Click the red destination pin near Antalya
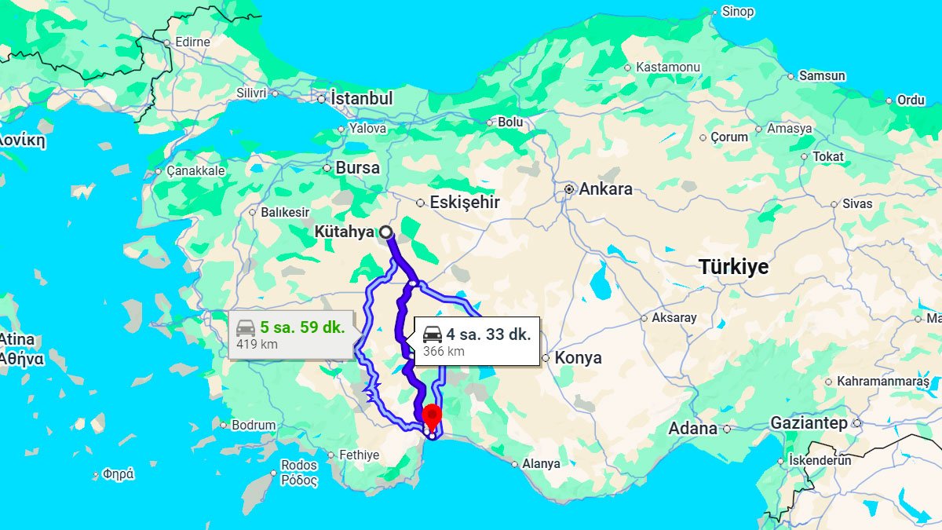coord(431,415)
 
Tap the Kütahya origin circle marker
coord(385,232)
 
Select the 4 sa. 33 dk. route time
coord(488,334)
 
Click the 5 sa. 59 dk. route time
coord(302,327)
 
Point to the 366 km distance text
coord(444,352)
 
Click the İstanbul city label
coord(361,99)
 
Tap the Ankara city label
coord(605,189)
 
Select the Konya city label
coord(578,358)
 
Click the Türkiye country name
coord(733,267)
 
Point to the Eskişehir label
coord(464,203)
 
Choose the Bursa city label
coord(357,168)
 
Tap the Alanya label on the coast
coord(541,464)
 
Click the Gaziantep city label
coord(809,423)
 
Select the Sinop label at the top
coord(737,12)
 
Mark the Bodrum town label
coord(254,426)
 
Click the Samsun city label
coord(822,76)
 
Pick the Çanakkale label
coord(195,171)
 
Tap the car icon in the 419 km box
coord(246,327)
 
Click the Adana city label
coord(692,429)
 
